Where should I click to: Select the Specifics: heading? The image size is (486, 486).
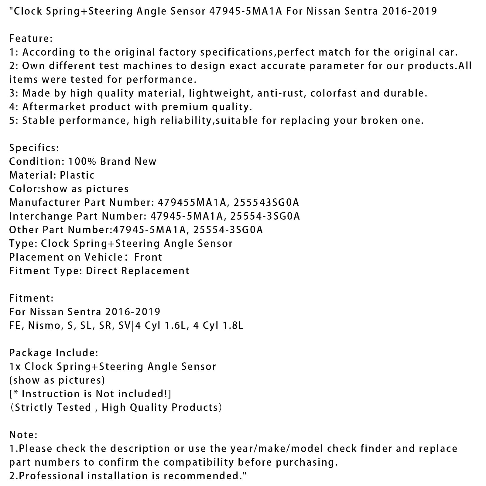34,148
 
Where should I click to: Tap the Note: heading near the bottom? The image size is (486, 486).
23,435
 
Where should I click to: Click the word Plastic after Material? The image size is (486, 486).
77,175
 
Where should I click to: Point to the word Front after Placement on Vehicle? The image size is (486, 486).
148,257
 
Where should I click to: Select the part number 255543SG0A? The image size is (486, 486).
266,203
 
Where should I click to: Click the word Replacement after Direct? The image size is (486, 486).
155,271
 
